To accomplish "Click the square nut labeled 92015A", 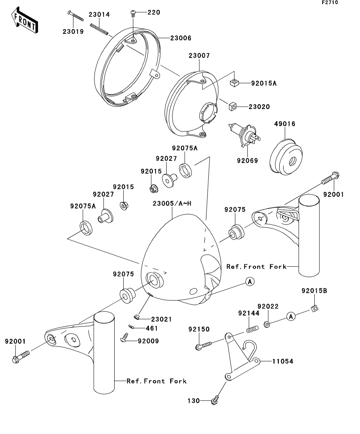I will click(234, 82).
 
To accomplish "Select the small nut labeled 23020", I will click(232, 106).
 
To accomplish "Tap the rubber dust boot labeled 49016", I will click(286, 157).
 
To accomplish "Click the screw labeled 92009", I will click(124, 336).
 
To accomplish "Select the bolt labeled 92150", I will click(203, 345).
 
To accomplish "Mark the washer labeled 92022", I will click(266, 324).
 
